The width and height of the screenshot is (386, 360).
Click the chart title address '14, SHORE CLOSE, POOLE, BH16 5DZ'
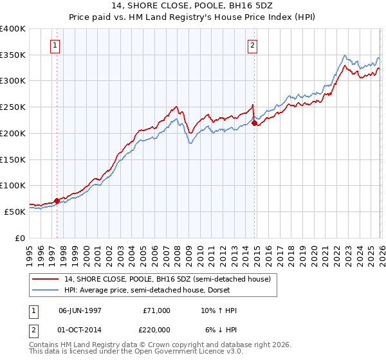click(x=193, y=5)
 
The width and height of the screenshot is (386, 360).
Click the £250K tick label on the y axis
click(x=13, y=107)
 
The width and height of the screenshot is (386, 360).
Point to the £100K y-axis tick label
click(x=13, y=185)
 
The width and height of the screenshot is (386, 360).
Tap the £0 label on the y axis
click(x=19, y=238)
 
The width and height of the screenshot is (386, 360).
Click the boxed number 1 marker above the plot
click(x=56, y=46)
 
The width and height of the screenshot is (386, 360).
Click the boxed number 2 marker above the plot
click(x=253, y=46)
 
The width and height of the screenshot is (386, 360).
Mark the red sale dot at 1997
click(x=57, y=201)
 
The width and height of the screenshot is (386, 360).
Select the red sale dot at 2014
click(x=255, y=123)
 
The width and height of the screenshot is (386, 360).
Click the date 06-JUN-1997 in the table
click(x=80, y=310)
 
